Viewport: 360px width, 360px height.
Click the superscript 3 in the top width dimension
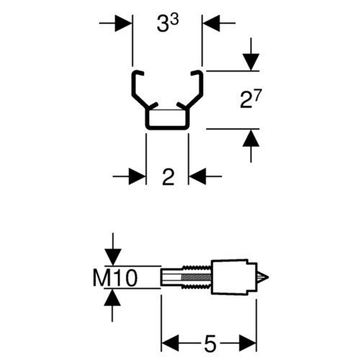tap(174, 20)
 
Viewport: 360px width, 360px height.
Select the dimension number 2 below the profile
tap(168, 177)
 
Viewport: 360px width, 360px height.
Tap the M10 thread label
tap(115, 278)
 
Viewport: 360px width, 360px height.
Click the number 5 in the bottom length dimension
tap(210, 343)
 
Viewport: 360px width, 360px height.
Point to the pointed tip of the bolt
tap(268, 277)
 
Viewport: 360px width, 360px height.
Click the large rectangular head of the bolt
tap(232, 276)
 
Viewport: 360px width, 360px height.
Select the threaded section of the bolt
tap(197, 277)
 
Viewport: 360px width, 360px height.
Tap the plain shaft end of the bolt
tap(170, 277)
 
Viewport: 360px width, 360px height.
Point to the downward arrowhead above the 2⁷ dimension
tap(251, 62)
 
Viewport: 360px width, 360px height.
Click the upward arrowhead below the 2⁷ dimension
tap(251, 138)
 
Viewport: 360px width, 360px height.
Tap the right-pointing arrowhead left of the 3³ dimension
tap(123, 23)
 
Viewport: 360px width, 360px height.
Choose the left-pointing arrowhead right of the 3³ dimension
tap(212, 23)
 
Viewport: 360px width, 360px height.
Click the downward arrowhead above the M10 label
tap(112, 258)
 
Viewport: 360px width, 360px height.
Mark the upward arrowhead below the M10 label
tap(112, 297)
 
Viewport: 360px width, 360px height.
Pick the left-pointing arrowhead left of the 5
tap(171, 343)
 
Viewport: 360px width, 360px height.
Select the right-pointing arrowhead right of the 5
tap(248, 343)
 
